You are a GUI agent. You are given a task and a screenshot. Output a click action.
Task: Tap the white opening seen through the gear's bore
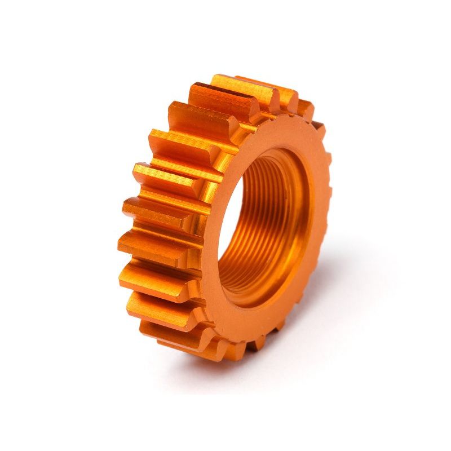coord(248,225)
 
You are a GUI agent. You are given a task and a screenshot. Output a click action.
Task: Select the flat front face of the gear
coord(316,169)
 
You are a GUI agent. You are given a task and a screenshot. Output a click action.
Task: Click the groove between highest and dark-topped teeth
coord(225,101)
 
